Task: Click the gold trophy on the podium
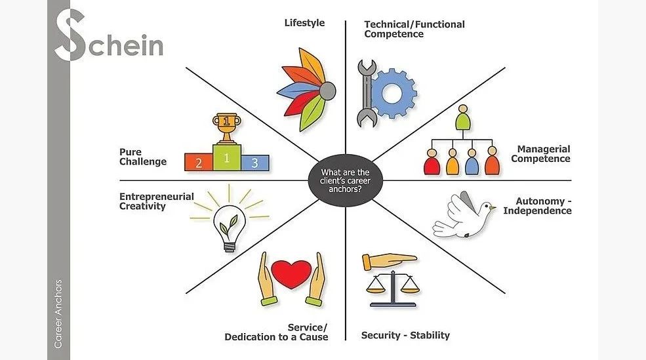point(226,127)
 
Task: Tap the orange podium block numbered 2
point(198,162)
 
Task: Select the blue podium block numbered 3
point(254,161)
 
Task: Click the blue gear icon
point(394,92)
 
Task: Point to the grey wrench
point(366,92)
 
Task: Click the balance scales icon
point(392,279)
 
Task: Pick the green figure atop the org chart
point(464,117)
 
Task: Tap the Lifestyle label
point(304,23)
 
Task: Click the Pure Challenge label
point(143,157)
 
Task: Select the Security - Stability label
point(405,335)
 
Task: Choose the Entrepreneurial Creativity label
point(156,201)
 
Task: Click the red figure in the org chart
point(432,163)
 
